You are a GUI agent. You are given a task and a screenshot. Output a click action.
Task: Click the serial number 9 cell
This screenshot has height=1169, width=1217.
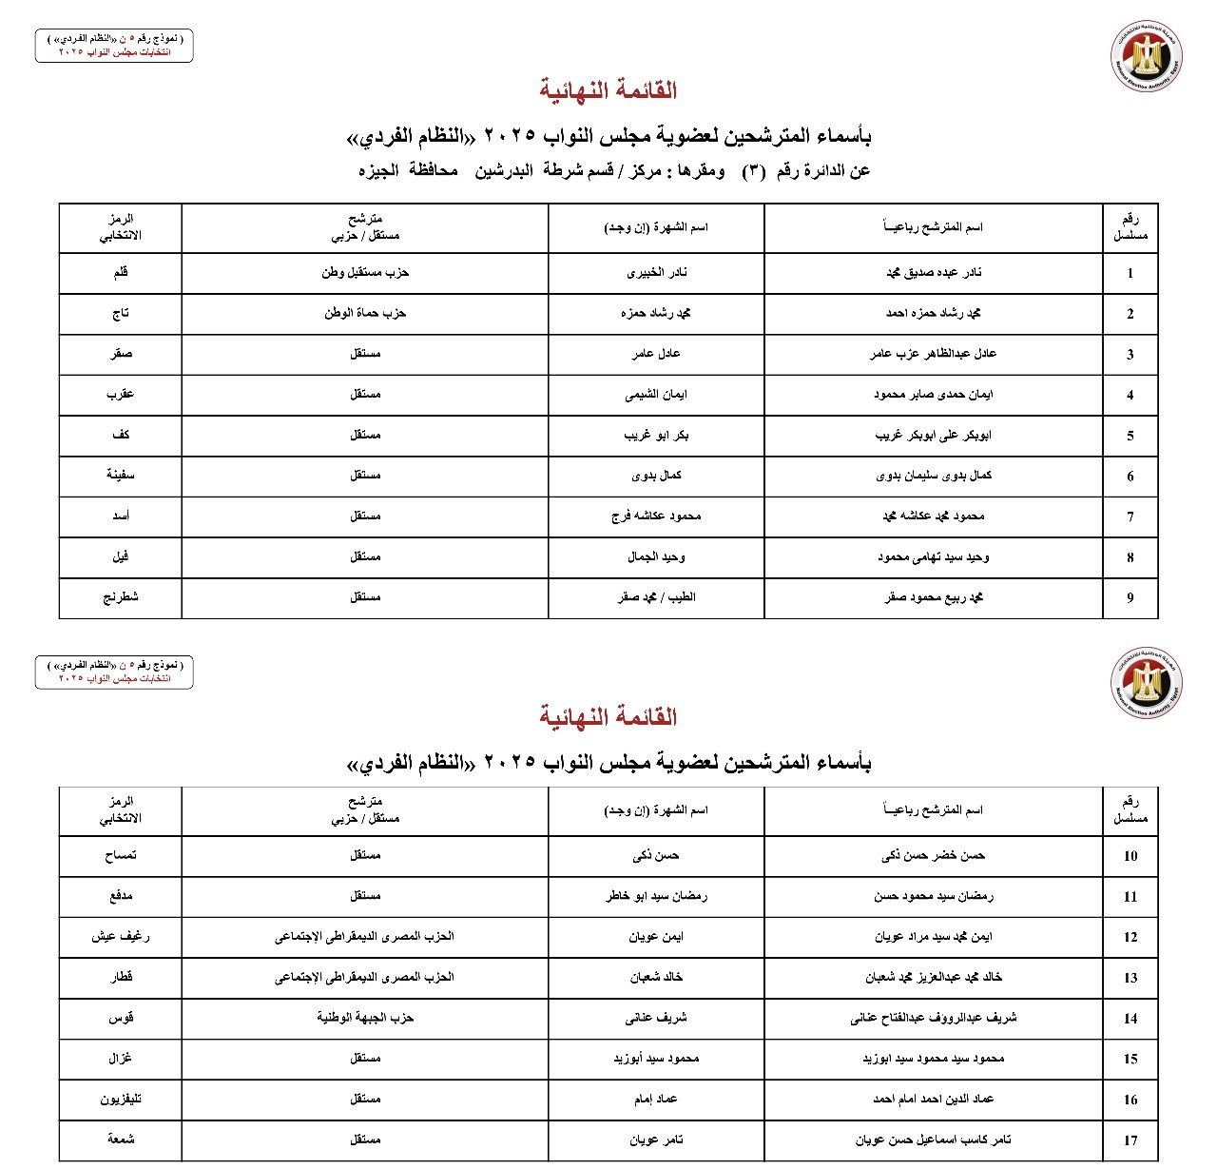(1130, 598)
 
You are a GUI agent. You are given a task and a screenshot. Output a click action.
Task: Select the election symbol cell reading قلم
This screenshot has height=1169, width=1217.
(121, 273)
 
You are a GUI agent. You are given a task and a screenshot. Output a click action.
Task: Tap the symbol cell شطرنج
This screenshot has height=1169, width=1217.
(121, 598)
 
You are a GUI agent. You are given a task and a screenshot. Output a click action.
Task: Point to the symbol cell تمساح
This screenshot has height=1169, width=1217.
(121, 856)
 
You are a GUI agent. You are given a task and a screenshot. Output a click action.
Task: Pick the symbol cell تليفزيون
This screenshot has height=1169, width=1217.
(121, 1100)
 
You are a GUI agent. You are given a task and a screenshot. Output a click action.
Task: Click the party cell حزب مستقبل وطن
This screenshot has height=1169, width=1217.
(365, 273)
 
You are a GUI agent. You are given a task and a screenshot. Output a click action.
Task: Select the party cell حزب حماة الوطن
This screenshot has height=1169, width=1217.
(365, 313)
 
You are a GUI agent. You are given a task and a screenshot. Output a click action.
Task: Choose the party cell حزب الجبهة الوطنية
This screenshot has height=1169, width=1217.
(365, 1019)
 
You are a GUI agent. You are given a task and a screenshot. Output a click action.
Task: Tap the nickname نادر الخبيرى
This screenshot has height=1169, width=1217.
(657, 273)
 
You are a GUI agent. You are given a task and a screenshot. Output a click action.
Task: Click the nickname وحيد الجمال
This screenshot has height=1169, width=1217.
(657, 557)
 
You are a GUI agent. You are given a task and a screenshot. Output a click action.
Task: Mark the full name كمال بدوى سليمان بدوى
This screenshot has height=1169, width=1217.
(934, 476)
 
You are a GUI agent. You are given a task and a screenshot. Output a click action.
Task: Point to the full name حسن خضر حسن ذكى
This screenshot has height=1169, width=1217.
(934, 856)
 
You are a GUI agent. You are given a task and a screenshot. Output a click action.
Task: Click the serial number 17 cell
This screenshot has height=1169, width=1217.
(1130, 1140)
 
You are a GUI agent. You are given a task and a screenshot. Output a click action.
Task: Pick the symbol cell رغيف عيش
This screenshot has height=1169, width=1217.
(121, 937)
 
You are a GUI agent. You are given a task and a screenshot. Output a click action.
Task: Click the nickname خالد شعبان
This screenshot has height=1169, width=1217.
(657, 978)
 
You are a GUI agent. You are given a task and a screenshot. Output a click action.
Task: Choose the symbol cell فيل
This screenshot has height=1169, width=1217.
(121, 557)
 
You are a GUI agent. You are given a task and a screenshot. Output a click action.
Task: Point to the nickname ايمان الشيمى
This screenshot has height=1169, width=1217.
(657, 395)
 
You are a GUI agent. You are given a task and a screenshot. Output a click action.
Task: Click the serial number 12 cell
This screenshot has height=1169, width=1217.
(1130, 937)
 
